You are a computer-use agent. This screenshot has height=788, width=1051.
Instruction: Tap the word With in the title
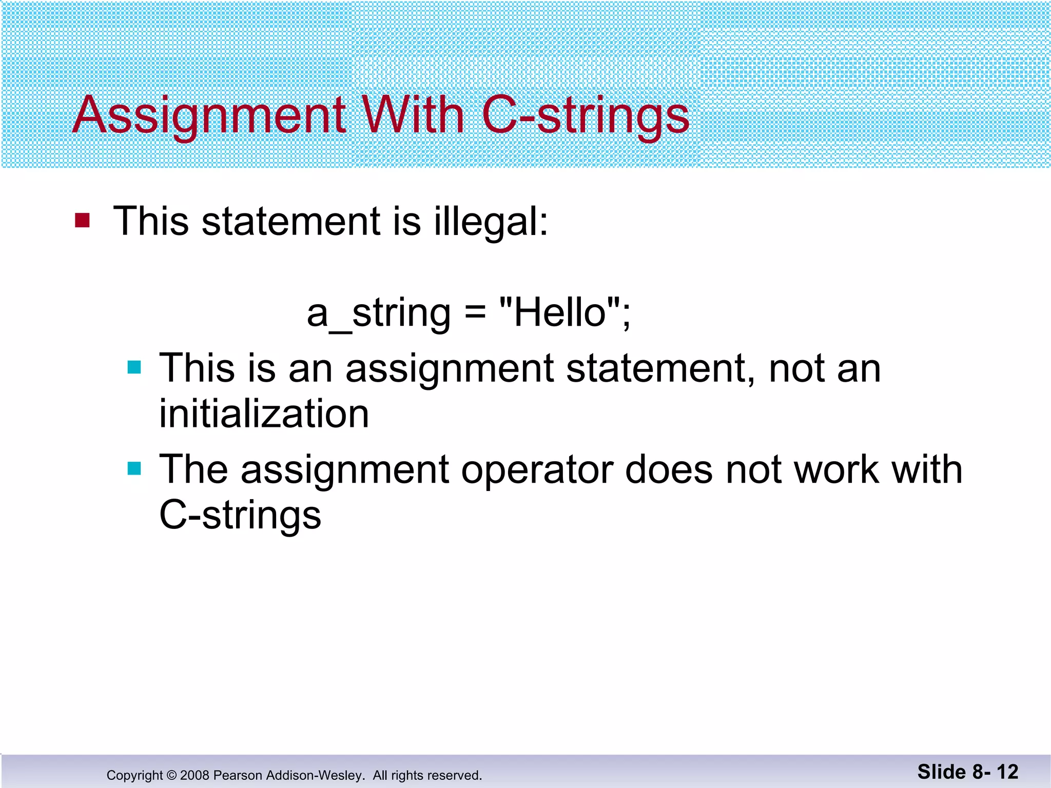414,115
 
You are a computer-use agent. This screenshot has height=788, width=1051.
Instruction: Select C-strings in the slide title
586,115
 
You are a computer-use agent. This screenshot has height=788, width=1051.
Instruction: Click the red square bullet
83,221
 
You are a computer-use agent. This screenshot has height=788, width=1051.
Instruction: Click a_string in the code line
379,313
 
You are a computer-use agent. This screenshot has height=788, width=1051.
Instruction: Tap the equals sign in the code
475,313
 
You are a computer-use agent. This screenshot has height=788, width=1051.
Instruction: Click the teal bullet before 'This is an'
134,367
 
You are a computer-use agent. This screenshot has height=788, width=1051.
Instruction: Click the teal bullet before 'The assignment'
134,468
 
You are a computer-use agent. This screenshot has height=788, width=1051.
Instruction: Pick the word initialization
264,413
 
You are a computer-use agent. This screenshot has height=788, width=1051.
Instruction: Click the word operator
537,469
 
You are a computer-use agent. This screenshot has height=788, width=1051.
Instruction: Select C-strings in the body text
240,515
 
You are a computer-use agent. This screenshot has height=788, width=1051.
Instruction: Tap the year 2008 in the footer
194,775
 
